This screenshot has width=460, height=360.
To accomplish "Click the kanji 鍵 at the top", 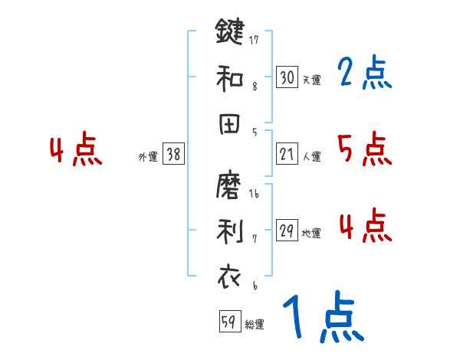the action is click(x=230, y=33).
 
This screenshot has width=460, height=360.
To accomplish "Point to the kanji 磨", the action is click(x=230, y=186).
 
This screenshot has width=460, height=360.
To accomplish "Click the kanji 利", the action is click(x=230, y=232).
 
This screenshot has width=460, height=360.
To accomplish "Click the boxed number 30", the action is click(x=287, y=77).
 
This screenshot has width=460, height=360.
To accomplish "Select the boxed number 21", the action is click(x=287, y=155).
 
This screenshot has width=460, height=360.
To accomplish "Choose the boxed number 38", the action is click(x=173, y=155).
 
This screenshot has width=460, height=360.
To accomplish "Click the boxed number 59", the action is click(x=228, y=322).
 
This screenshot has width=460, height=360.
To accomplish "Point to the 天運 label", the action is click(x=312, y=80).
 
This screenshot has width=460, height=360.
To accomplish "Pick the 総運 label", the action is click(x=255, y=325).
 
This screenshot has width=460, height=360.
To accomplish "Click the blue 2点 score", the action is click(x=365, y=74).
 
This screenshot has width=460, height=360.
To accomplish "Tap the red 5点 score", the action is click(x=365, y=149).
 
